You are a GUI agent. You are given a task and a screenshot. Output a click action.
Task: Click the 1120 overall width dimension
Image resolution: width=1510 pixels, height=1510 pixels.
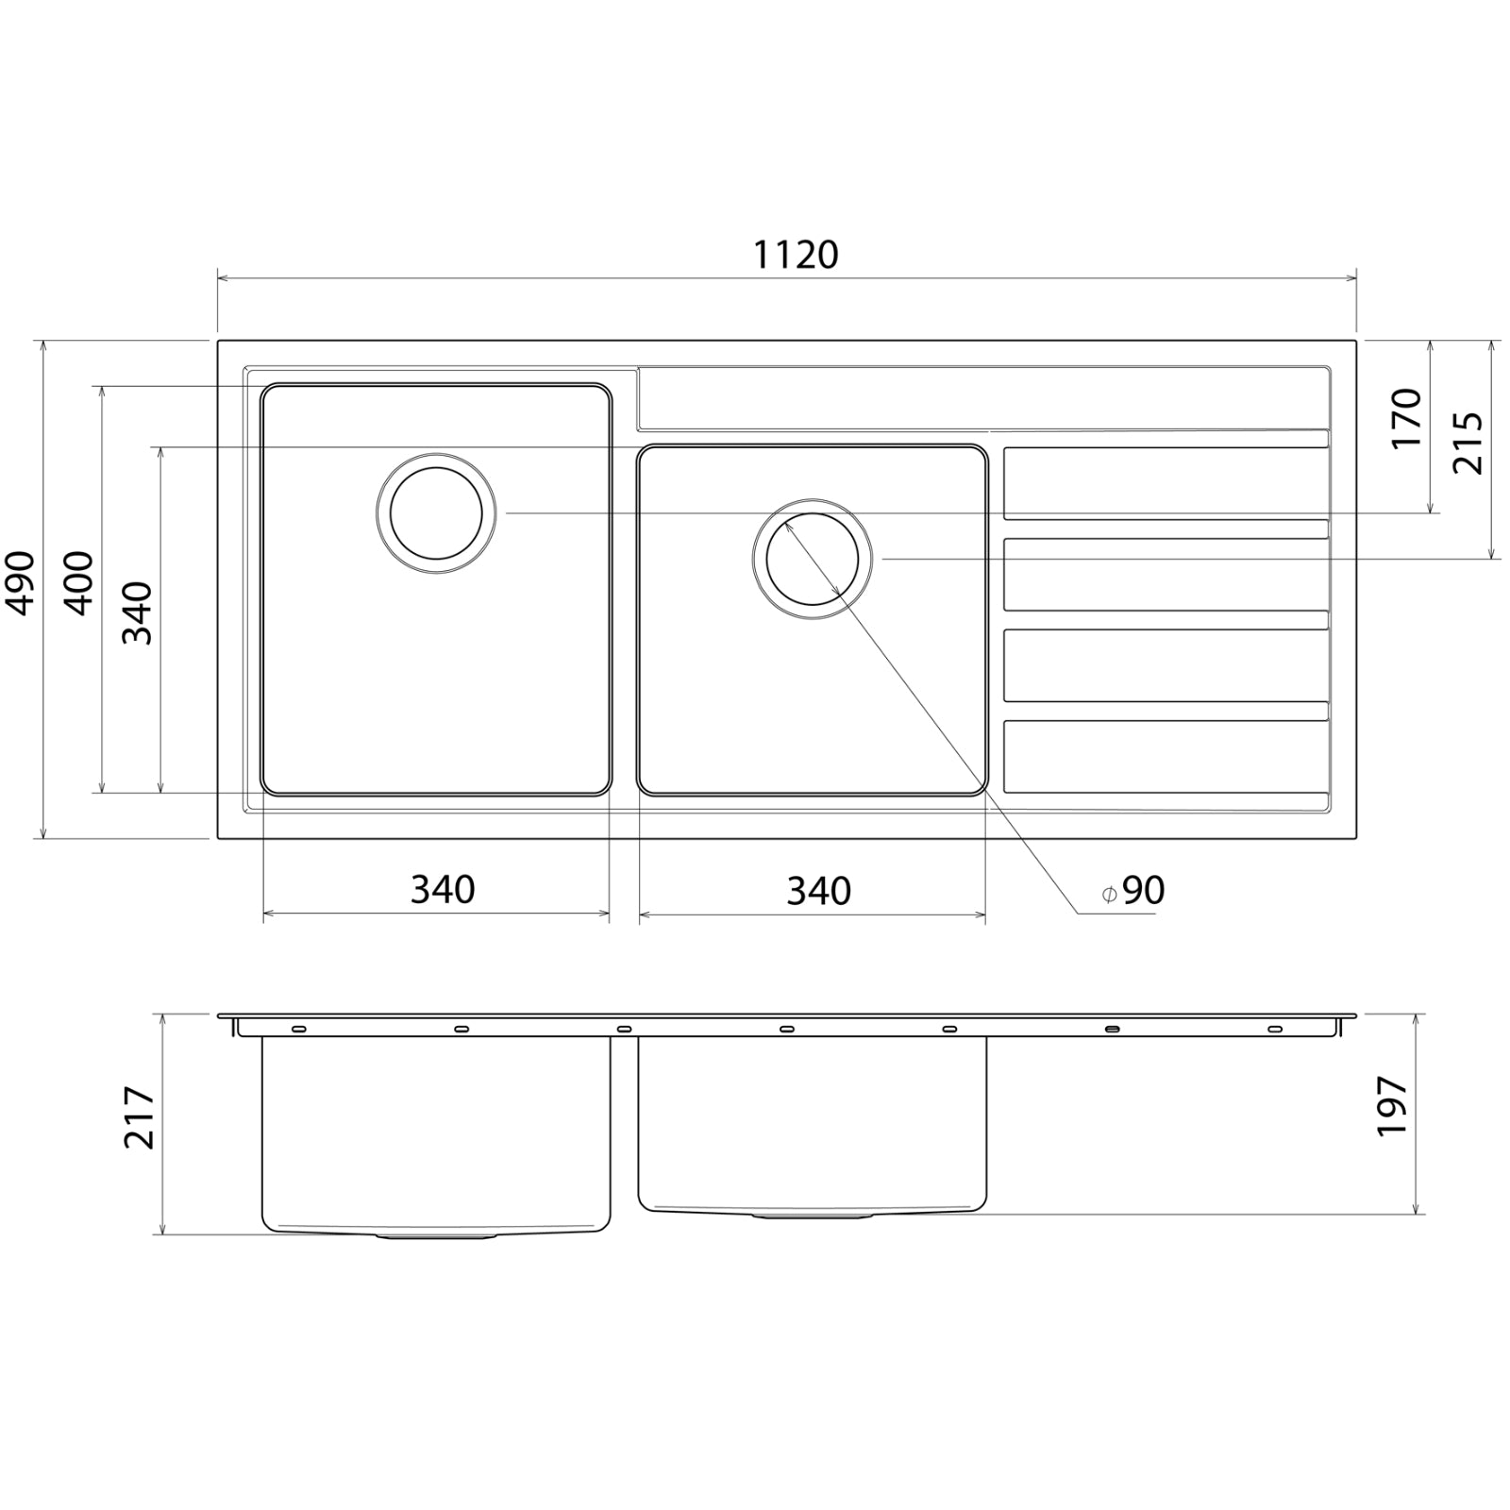click(x=796, y=255)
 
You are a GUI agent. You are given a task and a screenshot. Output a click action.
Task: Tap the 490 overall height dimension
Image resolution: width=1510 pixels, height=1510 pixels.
click(x=21, y=582)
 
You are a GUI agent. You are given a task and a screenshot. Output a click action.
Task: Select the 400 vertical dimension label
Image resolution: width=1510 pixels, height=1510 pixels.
click(x=80, y=582)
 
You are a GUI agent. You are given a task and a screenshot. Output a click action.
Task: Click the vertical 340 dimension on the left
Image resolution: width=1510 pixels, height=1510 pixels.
click(x=138, y=612)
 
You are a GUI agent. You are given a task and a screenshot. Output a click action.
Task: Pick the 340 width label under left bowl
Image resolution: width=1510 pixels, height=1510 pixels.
click(x=442, y=889)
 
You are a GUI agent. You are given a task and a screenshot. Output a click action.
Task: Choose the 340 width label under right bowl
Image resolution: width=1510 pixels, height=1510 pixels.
click(x=818, y=891)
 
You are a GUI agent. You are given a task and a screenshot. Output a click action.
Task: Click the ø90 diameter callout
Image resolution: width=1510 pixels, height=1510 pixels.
click(x=1133, y=891)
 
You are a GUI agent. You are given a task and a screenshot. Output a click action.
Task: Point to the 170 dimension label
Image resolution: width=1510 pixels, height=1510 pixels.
click(x=1406, y=418)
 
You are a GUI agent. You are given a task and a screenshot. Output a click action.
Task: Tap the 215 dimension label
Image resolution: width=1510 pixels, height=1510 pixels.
click(x=1468, y=444)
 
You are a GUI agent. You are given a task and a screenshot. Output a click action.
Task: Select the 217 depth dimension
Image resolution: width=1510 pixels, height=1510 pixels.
click(x=140, y=1117)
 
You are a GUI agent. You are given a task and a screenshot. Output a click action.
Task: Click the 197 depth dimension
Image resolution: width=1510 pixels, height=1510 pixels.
click(x=1392, y=1106)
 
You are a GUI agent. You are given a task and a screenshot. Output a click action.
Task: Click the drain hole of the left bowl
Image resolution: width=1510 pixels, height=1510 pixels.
click(x=436, y=513)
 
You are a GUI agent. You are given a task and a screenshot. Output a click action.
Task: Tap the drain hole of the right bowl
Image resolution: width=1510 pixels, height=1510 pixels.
click(x=813, y=559)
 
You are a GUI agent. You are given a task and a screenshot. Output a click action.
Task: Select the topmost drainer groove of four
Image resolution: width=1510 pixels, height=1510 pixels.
click(x=1165, y=483)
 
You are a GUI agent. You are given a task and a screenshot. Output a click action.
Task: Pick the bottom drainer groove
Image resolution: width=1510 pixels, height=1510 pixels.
click(x=1165, y=757)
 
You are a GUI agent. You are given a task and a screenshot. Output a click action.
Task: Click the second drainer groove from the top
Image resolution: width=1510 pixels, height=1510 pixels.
click(x=1165, y=574)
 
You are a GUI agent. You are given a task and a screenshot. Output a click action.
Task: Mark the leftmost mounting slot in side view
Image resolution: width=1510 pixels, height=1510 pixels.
click(x=298, y=1029)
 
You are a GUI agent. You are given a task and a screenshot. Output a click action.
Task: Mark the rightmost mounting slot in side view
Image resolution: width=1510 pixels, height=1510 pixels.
click(x=1274, y=1029)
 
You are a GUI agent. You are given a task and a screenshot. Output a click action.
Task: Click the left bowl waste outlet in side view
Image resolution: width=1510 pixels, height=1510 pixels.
click(x=436, y=1234)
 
